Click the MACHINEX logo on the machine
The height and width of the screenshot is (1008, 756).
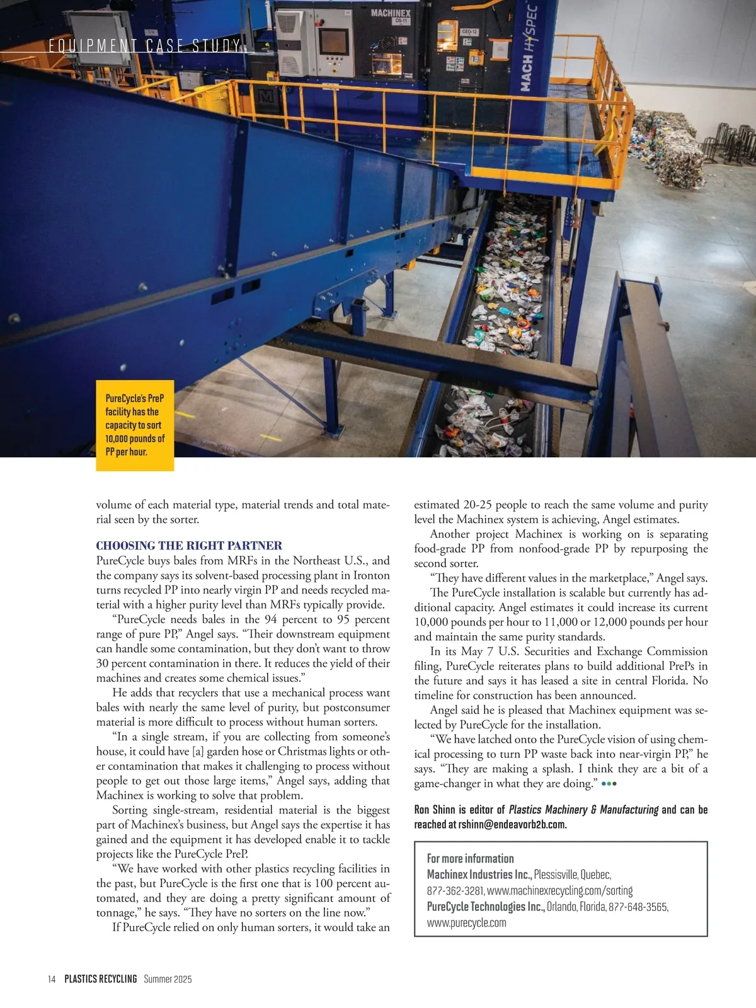click(x=391, y=13)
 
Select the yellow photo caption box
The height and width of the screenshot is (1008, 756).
click(x=134, y=425)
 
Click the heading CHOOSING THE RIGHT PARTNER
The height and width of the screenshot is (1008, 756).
click(x=189, y=546)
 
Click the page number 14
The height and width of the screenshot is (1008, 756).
click(x=52, y=979)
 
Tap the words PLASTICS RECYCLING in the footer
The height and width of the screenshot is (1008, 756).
click(x=101, y=979)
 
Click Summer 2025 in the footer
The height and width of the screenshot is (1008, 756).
click(x=168, y=979)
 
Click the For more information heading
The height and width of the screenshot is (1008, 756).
click(x=470, y=859)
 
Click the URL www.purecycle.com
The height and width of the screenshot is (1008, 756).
click(x=466, y=923)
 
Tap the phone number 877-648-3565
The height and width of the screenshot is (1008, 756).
click(x=638, y=907)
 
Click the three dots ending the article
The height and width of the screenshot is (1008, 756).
click(x=609, y=784)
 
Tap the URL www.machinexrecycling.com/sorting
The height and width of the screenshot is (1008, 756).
click(x=559, y=891)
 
